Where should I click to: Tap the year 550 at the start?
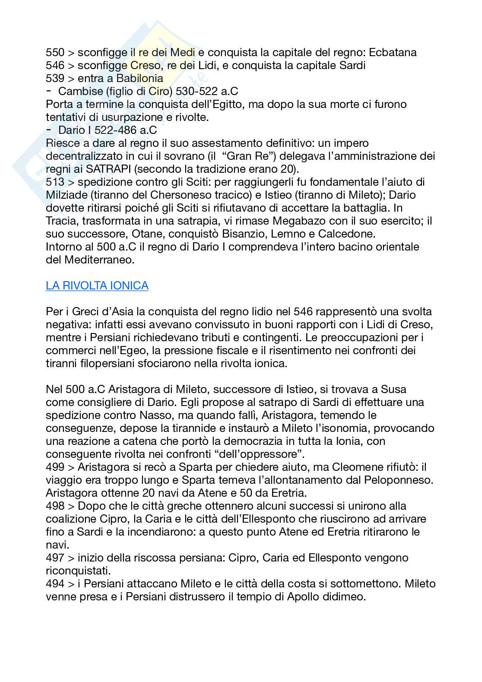[x=55, y=53]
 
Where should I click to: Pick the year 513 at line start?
[x=55, y=182]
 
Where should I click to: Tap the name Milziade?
[x=66, y=195]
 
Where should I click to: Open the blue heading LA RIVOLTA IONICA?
[x=97, y=285]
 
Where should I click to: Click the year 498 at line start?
[x=55, y=506]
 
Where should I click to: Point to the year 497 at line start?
[x=55, y=558]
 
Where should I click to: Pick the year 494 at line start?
[x=55, y=584]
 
